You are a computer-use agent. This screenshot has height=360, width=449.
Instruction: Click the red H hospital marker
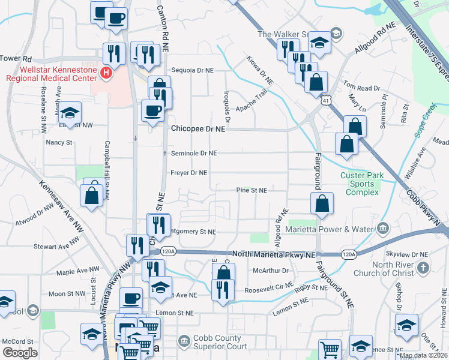click(106, 73)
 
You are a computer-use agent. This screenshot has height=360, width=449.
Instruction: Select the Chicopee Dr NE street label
click(198, 129)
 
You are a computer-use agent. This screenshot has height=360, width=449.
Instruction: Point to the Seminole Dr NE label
click(193, 153)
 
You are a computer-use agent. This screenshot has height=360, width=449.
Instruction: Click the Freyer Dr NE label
click(189, 173)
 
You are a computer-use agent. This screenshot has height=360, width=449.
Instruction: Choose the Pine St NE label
click(251, 190)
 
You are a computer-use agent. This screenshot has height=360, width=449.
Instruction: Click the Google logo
click(20, 353)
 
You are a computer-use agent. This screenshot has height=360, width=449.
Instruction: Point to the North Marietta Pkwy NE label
click(274, 254)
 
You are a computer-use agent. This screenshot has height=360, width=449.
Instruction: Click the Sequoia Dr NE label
click(193, 70)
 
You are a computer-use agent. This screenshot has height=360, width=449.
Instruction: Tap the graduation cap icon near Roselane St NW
click(70, 112)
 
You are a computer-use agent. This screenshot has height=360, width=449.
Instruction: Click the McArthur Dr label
click(271, 271)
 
